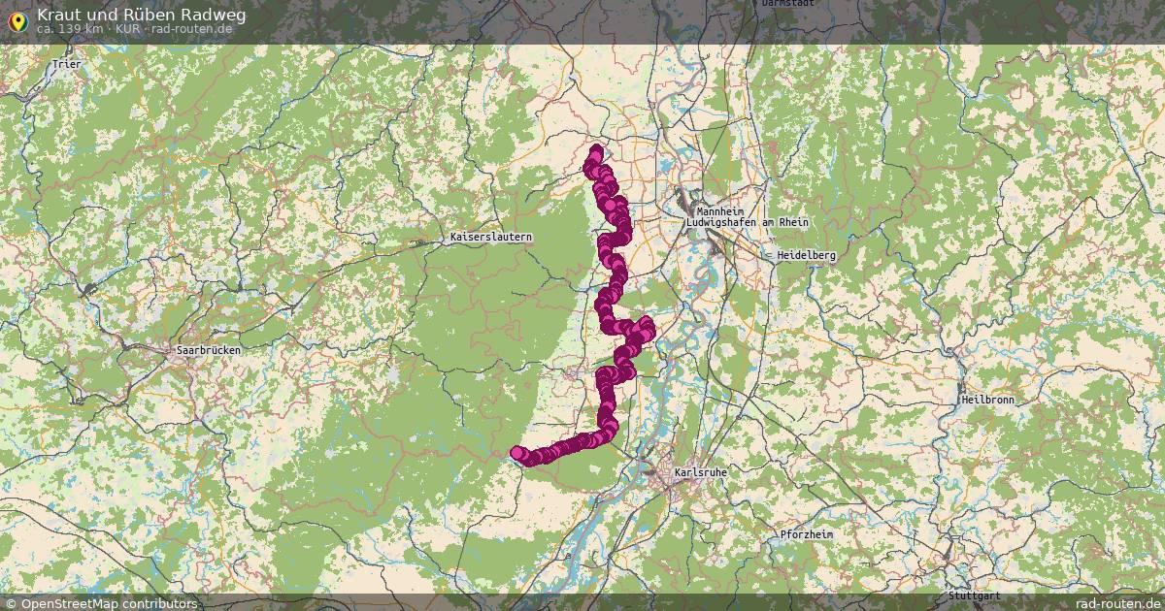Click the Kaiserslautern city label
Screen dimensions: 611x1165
(x=491, y=238)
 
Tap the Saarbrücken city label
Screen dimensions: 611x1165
(x=208, y=350)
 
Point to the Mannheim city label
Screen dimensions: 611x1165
(x=719, y=211)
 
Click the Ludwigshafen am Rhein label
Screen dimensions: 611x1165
(x=747, y=223)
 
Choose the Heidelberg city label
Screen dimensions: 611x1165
(x=805, y=255)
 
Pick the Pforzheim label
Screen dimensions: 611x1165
(x=809, y=534)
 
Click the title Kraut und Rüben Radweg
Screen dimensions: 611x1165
(x=141, y=15)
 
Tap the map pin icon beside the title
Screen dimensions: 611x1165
(x=17, y=19)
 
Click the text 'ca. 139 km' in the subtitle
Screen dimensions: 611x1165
(x=71, y=29)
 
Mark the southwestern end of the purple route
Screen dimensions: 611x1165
(x=517, y=452)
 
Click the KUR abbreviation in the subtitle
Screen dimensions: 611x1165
(x=128, y=29)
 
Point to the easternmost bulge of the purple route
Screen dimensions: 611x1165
(x=648, y=325)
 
